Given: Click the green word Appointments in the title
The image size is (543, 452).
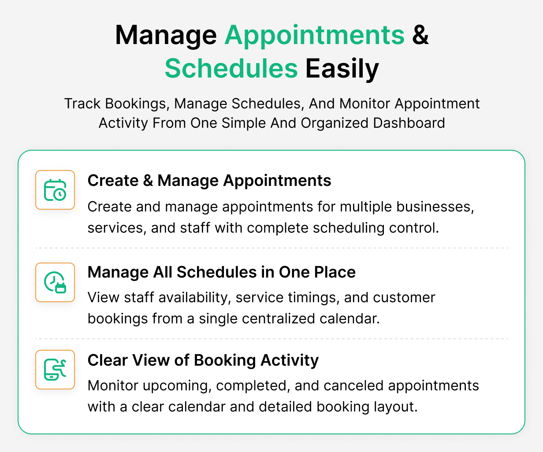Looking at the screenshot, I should pos(314,35).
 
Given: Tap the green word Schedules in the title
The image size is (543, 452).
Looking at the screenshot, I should pos(231,69).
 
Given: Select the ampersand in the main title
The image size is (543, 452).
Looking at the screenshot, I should pos(420,35).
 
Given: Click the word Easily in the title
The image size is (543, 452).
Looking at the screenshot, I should pos(342,69).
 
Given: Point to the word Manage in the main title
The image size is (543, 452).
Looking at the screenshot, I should pos(166,35).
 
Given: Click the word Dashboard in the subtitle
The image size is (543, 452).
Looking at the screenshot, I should pos(409,122).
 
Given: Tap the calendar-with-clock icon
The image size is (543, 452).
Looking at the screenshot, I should pos(55,190).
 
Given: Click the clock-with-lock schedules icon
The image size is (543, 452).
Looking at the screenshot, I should pos(55,282).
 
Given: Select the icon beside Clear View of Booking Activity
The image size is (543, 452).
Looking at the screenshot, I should pos(55,370).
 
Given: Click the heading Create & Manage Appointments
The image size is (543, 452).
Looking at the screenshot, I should pos(209,181).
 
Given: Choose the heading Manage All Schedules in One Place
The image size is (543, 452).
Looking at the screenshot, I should pos(221,272).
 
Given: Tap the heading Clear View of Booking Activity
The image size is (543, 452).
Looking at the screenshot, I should pos(203,360).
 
